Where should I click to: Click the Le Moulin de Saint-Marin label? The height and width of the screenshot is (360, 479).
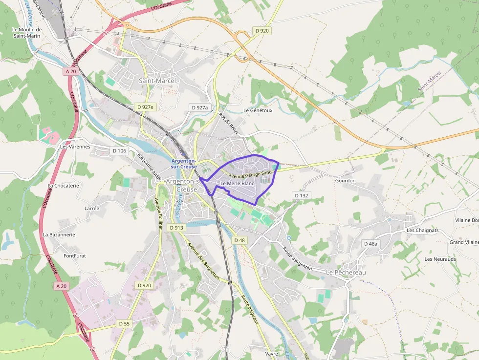[27, 32]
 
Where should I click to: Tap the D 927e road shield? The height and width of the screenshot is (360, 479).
[145, 107]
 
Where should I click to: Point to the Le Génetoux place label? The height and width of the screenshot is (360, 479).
[258, 110]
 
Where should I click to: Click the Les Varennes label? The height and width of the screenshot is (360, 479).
[75, 147]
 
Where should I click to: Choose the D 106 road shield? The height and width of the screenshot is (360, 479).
[119, 151]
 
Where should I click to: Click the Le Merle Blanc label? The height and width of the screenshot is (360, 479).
[238, 183]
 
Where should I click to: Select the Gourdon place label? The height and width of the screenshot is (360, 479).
[345, 181]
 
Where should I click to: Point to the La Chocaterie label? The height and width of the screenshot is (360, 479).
[64, 186]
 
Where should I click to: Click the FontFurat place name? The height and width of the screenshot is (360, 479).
[75, 255]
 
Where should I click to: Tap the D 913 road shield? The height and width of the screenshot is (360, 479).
[176, 228]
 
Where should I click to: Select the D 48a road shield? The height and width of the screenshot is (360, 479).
[370, 243]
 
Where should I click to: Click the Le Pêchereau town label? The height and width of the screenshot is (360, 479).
[346, 272]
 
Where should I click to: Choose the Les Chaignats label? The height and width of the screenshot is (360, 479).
[423, 231]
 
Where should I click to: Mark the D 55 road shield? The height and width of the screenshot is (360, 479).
[124, 323]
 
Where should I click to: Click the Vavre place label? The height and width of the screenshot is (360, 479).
[271, 353]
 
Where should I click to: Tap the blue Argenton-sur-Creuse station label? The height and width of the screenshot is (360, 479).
[184, 164]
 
